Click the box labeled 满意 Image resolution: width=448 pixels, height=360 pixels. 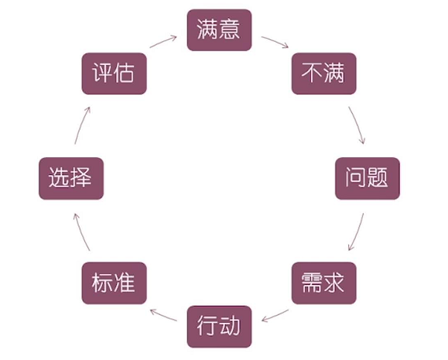pos(219,30)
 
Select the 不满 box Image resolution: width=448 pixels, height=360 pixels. pos(323,74)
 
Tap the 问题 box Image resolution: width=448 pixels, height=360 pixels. pos(367,178)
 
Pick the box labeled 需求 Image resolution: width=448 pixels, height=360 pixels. pos(323,283)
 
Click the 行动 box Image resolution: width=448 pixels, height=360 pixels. pos(219,327)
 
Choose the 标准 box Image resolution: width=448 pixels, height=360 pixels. pos(114,283)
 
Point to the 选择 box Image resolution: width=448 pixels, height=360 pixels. pos(71,178)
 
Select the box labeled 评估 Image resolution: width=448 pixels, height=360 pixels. pos(114,74)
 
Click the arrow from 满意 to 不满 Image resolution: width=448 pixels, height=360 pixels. pos(275,41)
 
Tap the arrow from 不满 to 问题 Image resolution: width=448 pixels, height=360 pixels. pos(357,125)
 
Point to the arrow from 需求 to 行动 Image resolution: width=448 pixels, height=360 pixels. pos(275,316)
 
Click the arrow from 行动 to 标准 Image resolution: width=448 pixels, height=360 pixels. pos(163,314)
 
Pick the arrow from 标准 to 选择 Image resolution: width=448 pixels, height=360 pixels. pos(80,231)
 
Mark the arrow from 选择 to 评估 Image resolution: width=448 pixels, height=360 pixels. pos(81,125)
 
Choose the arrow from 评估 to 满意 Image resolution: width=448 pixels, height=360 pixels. pos(163,41)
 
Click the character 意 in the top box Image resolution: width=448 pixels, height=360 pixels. pos(230,29)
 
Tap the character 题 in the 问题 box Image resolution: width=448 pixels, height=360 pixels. pos(377,177)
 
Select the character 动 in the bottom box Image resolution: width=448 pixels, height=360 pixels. pos(230,325)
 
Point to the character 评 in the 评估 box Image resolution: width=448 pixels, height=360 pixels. pos(102,73)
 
